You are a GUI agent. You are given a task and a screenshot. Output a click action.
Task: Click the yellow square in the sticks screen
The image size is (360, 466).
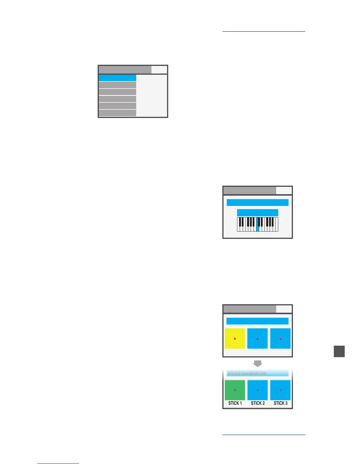click(x=235, y=338)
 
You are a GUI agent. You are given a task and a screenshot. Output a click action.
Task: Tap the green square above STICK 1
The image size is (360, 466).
click(x=235, y=390)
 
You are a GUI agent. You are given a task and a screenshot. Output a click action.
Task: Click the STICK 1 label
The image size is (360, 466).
click(x=235, y=403)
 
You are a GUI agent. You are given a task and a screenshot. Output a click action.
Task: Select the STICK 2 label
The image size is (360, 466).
click(x=258, y=403)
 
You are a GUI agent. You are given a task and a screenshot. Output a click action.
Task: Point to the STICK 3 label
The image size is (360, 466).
click(x=281, y=403)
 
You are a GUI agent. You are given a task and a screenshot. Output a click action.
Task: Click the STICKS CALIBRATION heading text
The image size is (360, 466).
click(x=247, y=373)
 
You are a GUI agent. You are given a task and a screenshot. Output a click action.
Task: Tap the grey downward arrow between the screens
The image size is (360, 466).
click(x=258, y=363)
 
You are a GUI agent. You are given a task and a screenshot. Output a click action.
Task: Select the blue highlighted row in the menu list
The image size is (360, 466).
click(x=117, y=78)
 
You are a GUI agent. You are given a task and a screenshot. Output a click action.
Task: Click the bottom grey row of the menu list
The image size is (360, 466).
click(x=117, y=113)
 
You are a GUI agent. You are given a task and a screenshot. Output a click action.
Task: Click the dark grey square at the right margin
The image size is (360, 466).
click(x=339, y=352)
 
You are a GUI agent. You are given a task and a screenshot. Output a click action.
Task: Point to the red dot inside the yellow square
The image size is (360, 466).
click(x=235, y=339)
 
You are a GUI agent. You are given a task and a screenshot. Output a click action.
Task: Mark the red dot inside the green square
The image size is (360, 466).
click(x=235, y=390)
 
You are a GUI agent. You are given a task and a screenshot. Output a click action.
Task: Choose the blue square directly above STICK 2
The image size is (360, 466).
click(x=257, y=390)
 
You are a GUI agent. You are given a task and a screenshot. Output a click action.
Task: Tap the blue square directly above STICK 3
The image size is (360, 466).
click(x=280, y=390)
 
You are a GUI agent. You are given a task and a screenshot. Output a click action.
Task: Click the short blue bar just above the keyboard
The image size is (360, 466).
click(x=257, y=213)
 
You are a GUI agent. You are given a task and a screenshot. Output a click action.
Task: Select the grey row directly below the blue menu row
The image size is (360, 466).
click(x=117, y=85)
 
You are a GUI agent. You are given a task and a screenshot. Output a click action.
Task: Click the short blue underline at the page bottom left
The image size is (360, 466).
click(x=58, y=463)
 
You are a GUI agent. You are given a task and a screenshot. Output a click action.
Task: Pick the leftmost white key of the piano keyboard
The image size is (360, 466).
click(x=239, y=229)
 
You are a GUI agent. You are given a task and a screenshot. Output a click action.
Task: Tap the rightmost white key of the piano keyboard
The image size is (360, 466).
click(x=276, y=229)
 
